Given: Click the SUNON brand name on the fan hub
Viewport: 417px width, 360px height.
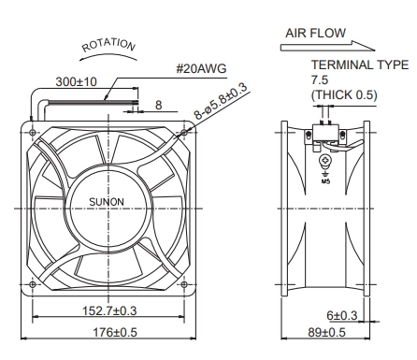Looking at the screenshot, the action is coord(107,202).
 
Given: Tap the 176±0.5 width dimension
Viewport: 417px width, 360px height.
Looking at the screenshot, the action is coord(115,333).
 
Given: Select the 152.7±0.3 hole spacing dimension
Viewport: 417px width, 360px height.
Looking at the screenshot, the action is coord(109,310).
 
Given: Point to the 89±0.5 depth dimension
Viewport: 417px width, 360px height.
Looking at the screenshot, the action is coord(327,333).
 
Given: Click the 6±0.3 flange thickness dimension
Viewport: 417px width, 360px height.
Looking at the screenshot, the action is coord(342,315).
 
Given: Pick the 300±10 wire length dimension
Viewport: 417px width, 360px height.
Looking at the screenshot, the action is coord(77,82).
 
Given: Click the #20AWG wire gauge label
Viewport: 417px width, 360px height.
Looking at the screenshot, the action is coord(201,68).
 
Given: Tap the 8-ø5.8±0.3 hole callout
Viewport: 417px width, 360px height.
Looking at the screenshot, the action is coord(221,100).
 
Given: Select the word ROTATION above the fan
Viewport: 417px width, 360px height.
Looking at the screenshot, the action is coord(108,45).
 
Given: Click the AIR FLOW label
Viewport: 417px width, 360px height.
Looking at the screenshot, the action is coord(315,33).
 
